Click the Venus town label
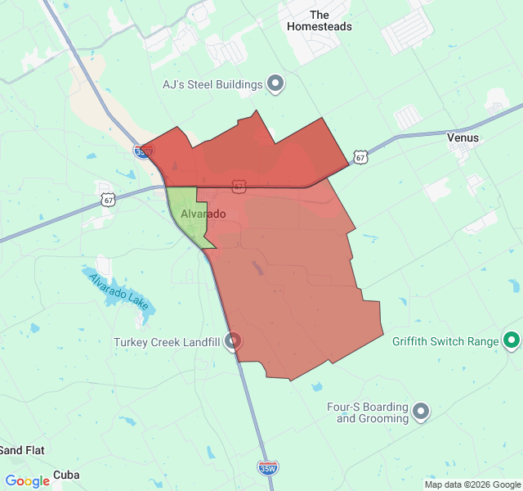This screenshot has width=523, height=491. pyautogui.click(x=463, y=138)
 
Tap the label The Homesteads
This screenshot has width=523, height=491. pyautogui.click(x=320, y=20)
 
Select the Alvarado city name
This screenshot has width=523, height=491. pyautogui.click(x=203, y=214)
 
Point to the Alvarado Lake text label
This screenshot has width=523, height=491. pyautogui.click(x=119, y=288)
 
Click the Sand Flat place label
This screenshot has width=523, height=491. pyautogui.click(x=21, y=450)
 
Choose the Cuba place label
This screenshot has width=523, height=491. pyautogui.click(x=66, y=475)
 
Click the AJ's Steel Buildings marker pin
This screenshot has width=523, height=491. pyautogui.click(x=275, y=83)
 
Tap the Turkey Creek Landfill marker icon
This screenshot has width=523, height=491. pyautogui.click(x=233, y=341)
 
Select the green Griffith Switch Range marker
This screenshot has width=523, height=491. pyautogui.click(x=512, y=340)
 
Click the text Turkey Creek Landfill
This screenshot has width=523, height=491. pyautogui.click(x=167, y=342)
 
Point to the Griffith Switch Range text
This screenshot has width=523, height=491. pyautogui.click(x=445, y=341)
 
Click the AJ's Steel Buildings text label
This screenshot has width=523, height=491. pyautogui.click(x=212, y=84)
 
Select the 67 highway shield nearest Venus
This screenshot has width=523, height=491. pyautogui.click(x=360, y=156)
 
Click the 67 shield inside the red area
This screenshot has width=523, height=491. pyautogui.click(x=238, y=187)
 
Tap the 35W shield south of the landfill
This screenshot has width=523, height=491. pyautogui.click(x=267, y=468)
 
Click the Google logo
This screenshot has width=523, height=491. pyautogui.click(x=27, y=481)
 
